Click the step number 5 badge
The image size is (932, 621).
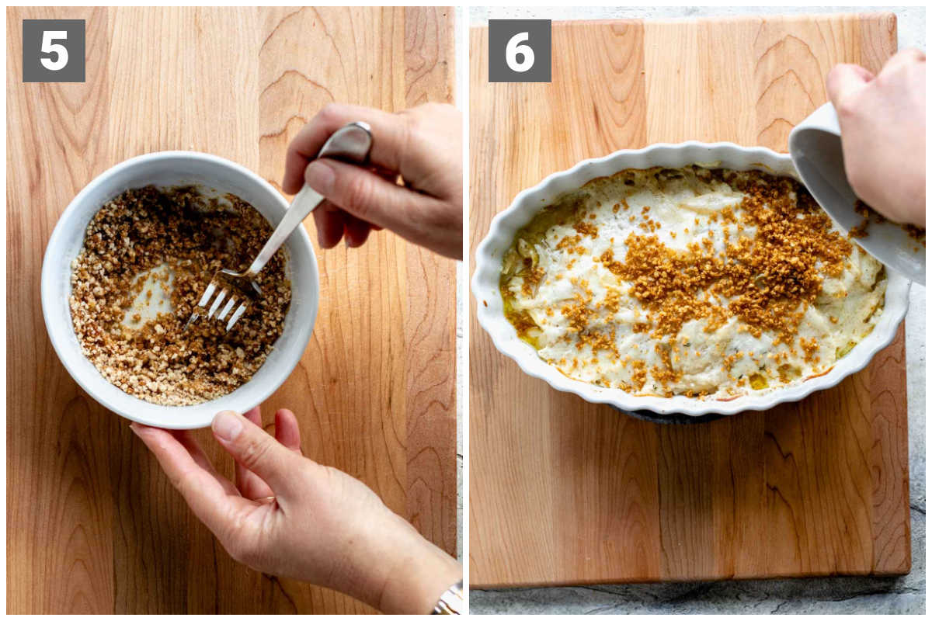click(x=54, y=50)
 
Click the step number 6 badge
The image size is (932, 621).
click(x=520, y=50)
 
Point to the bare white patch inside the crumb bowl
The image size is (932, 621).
click(x=150, y=293)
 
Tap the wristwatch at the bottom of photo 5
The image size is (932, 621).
click(x=450, y=599)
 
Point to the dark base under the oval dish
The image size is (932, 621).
click(x=666, y=417)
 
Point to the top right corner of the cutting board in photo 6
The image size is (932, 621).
click(x=895, y=15)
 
